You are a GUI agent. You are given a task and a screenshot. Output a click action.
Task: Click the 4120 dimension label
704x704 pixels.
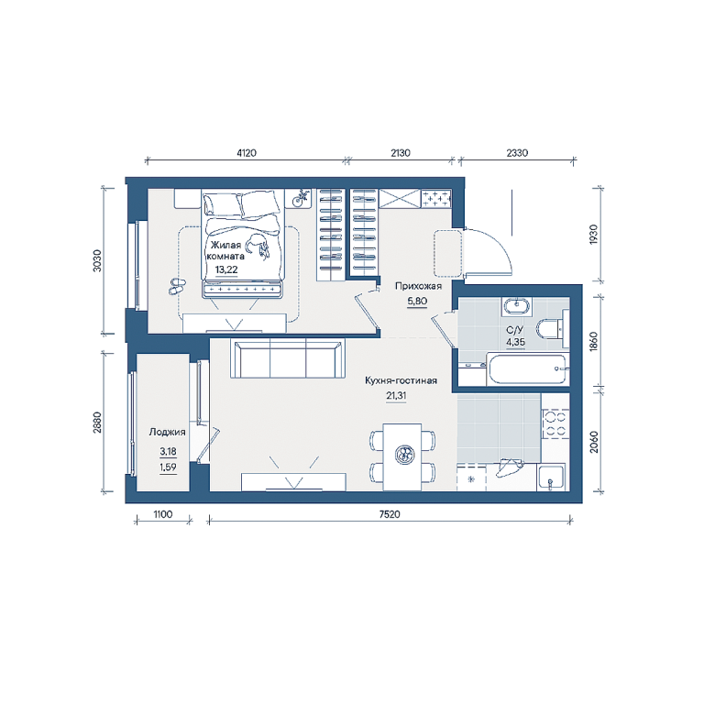247,153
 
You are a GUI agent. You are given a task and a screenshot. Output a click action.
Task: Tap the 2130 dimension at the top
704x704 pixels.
401,153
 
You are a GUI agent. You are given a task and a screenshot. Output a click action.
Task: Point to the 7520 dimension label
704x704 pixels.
390,514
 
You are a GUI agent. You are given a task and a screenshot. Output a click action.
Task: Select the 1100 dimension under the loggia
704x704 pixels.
163,514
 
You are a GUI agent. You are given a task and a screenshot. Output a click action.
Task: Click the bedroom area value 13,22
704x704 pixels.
226,269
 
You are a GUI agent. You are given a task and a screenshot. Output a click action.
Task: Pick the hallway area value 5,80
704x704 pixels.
417,302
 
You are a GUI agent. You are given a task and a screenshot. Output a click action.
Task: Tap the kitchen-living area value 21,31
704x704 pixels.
396,396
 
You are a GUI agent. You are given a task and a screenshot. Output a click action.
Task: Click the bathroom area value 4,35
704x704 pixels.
516,342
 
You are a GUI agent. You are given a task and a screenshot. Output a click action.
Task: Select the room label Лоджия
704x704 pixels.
167,433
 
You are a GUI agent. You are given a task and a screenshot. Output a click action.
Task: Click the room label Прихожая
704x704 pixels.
418,286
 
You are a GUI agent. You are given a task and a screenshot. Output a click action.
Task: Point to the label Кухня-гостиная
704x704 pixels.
401,380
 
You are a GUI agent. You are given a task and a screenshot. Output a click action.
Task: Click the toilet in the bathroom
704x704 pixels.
552,329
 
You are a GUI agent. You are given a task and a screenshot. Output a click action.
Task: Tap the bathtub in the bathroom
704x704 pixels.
528,369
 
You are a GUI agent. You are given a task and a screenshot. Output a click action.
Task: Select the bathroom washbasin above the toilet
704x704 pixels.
517,306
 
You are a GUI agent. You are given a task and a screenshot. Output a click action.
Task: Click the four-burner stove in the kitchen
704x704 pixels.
555,423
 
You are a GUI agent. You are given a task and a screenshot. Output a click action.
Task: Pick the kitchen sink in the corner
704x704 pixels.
551,478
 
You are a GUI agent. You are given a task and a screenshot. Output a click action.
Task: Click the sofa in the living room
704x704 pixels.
288,358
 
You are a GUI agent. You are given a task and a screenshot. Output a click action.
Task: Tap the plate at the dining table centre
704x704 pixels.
405,455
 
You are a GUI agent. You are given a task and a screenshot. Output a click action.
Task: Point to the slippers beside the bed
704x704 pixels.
177,286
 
